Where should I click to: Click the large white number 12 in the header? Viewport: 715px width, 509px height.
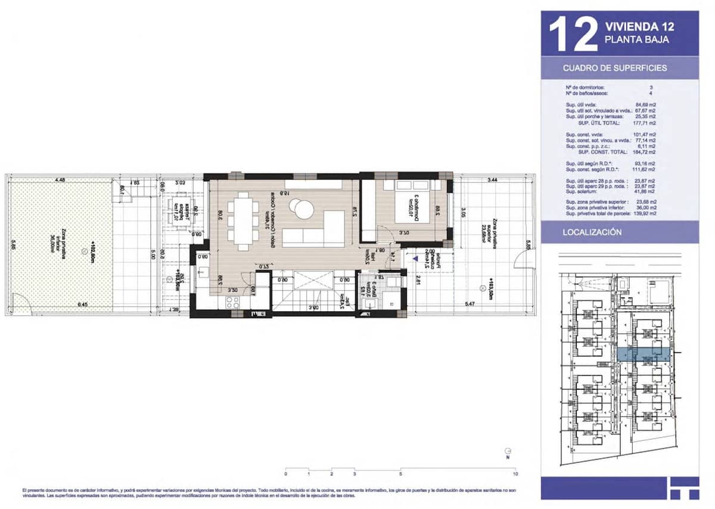(x=573, y=34)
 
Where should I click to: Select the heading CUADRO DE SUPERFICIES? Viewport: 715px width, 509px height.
(x=615, y=68)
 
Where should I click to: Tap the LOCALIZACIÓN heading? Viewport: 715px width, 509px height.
(x=592, y=232)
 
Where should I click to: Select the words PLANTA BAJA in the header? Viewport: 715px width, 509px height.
(x=636, y=40)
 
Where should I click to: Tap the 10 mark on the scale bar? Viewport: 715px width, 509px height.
(x=515, y=474)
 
